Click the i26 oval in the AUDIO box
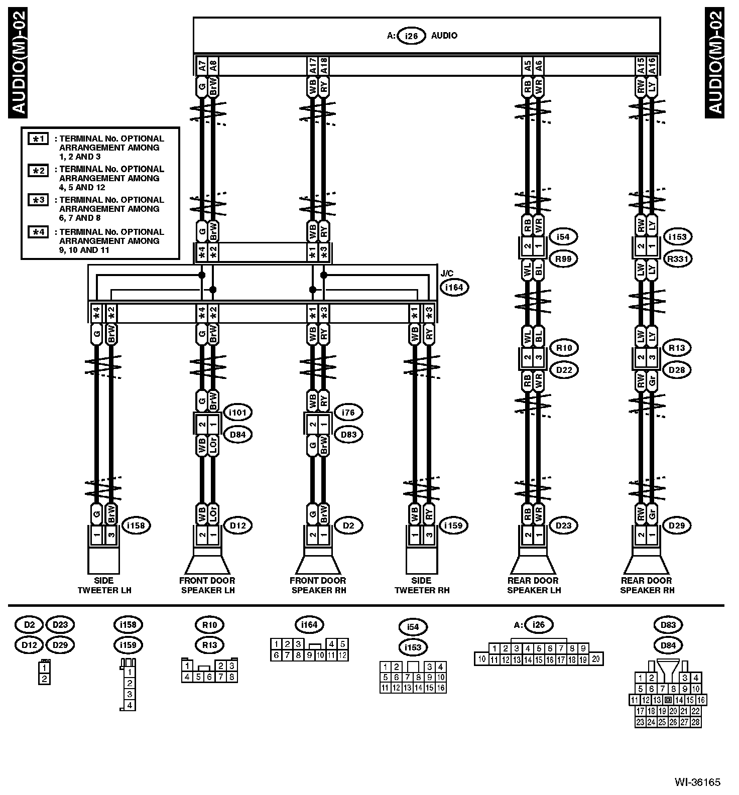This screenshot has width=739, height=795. (x=411, y=36)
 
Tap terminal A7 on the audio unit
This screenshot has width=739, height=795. (x=201, y=65)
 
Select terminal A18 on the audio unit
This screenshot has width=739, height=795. (x=324, y=65)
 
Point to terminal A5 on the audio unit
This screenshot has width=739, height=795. (x=527, y=65)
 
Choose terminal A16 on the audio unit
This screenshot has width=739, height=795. (x=652, y=65)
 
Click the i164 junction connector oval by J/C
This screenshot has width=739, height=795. (x=454, y=288)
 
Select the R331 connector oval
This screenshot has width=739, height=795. (x=677, y=259)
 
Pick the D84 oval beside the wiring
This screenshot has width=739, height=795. (x=237, y=435)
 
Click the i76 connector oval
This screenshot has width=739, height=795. (x=348, y=413)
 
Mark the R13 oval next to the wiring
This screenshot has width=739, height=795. (x=677, y=348)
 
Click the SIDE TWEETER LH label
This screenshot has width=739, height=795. (x=104, y=585)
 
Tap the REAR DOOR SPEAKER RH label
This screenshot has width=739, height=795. (x=647, y=585)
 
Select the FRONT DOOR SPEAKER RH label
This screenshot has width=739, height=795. (x=318, y=585)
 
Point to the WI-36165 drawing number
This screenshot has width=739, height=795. (x=697, y=782)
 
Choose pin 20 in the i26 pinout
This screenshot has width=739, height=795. (x=596, y=659)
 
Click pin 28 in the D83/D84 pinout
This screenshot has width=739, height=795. (x=695, y=722)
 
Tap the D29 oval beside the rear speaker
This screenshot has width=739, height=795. (x=677, y=525)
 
